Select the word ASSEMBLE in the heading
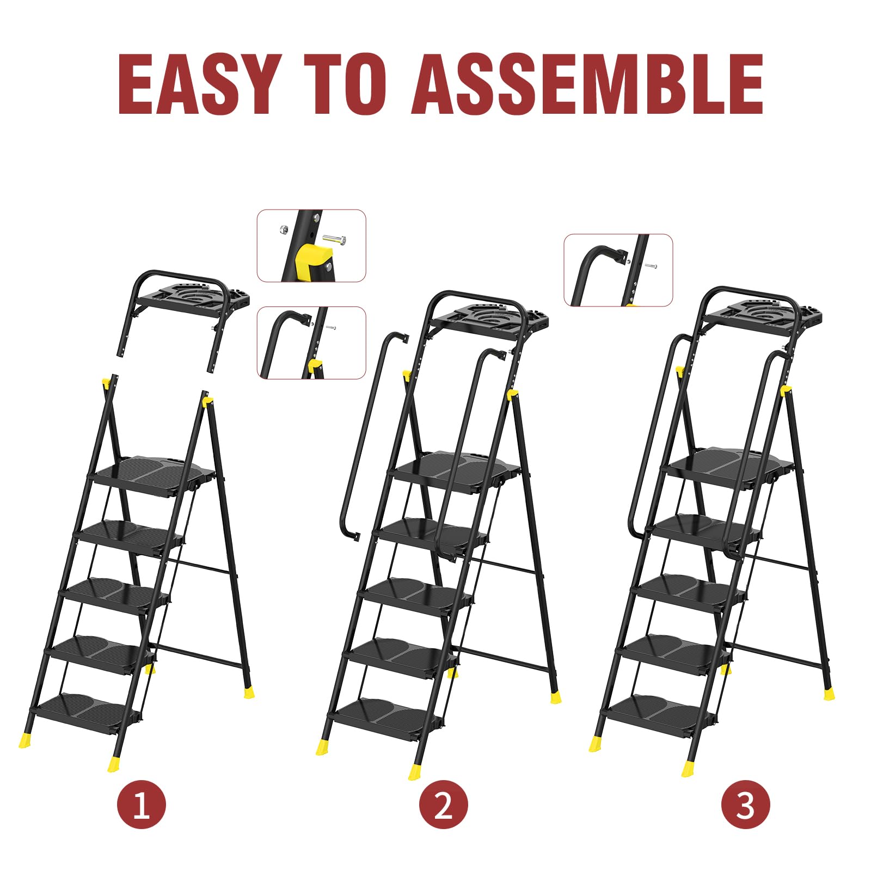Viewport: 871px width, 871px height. click(x=587, y=84)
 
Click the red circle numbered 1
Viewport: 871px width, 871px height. click(x=142, y=805)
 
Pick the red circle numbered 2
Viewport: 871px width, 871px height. click(x=443, y=805)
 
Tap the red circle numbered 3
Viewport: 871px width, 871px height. click(x=746, y=805)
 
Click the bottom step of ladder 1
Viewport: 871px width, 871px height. click(x=87, y=711)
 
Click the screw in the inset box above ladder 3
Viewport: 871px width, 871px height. click(x=651, y=266)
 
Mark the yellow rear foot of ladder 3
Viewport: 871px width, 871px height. click(x=829, y=694)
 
